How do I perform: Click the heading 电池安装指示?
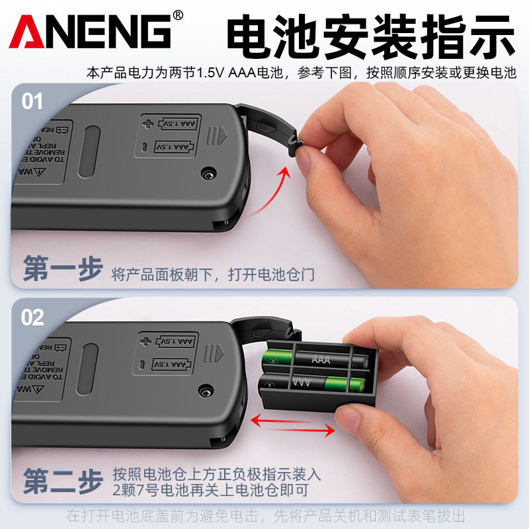point(370,34)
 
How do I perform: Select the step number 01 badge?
point(32,102)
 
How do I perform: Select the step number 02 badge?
point(32,317)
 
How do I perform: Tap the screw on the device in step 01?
point(208,174)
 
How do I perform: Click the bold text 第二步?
point(63,481)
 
